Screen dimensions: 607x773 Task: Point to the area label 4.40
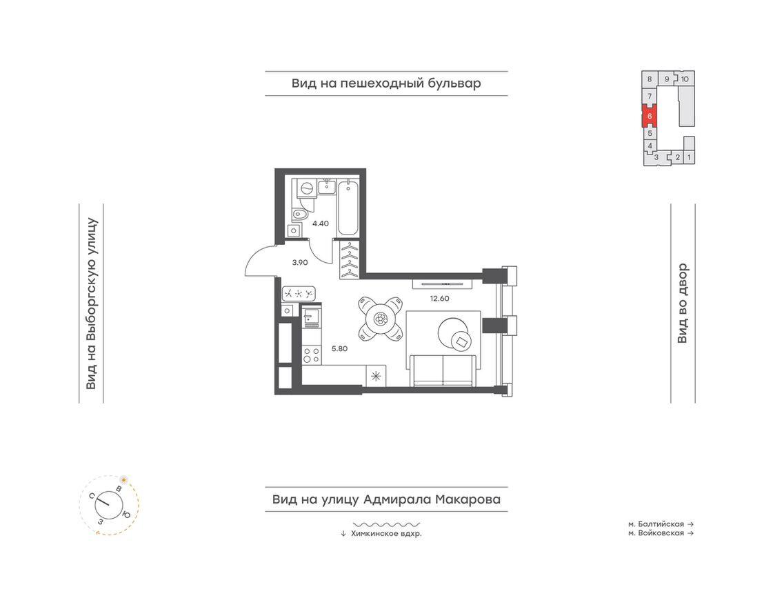click(x=321, y=223)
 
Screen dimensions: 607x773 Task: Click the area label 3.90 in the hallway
click(x=299, y=262)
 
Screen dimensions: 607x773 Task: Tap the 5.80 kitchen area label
click(x=339, y=348)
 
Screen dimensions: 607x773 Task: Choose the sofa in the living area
click(x=443, y=371)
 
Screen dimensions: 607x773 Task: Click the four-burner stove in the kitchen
click(x=311, y=355)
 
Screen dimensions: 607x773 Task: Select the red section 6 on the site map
click(x=650, y=117)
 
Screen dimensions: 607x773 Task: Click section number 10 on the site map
click(x=685, y=79)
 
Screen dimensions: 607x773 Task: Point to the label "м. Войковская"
click(x=656, y=533)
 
